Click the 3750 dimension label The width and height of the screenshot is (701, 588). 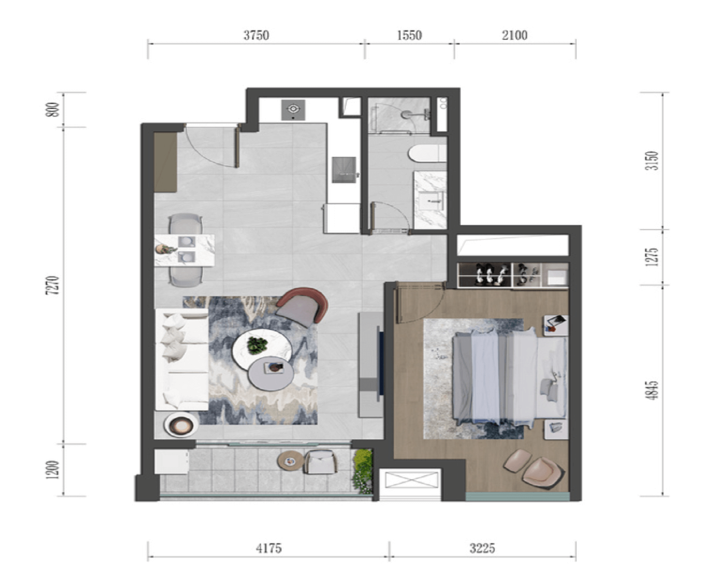256,35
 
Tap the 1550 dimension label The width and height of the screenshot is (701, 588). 409,35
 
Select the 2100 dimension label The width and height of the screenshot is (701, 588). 514,35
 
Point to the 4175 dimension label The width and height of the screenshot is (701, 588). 268,548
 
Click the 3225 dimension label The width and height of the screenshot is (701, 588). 482,548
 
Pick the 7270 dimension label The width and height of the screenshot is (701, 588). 53,285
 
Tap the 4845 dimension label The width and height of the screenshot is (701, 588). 652,390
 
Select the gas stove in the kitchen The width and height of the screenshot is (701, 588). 293,109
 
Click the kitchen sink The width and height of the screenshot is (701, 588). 344,170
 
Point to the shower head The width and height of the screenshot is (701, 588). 406,114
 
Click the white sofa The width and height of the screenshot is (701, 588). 182,359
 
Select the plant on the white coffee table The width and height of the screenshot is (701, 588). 257,345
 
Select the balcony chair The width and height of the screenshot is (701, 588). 320,462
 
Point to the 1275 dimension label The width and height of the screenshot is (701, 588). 652,257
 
